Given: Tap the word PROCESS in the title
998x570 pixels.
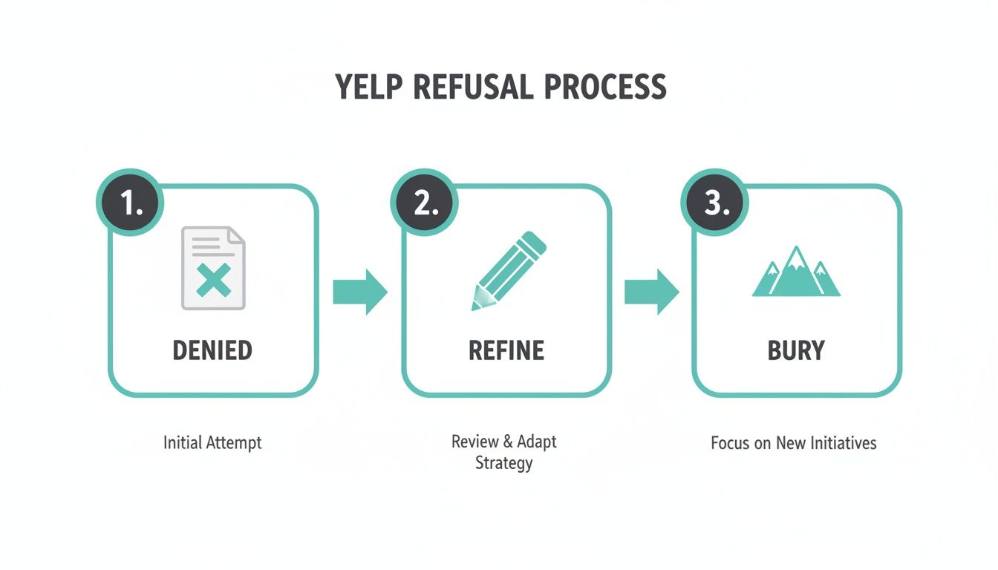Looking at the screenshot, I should coord(604,88).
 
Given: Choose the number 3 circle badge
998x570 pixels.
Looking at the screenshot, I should coord(715,203).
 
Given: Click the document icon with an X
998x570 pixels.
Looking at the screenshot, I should coord(213,269).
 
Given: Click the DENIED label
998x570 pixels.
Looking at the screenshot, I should coord(212,350).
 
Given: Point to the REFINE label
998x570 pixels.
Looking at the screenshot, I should coord(506,350).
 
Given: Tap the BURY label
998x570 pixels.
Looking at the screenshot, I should coord(796,350).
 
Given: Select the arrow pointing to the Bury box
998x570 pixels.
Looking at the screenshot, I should coord(651,292).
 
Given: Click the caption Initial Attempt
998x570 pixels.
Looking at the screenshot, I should coord(212,443).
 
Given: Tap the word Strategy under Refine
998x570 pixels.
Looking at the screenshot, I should coord(504,464).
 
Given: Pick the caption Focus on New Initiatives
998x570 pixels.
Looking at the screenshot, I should coord(793,443).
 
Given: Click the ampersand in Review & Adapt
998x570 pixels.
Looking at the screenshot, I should coord(508,442).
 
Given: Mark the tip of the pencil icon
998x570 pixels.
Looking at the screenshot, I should coord(474,306).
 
